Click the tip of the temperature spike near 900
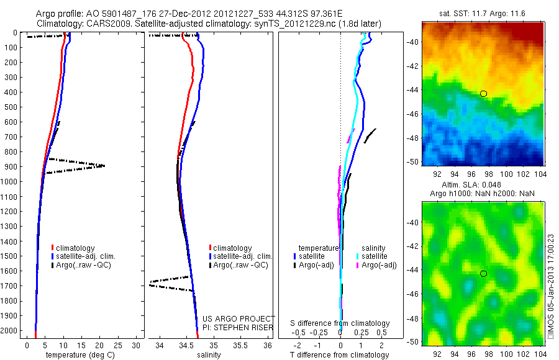pyautogui.click(x=104, y=166)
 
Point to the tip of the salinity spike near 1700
pyautogui.click(x=149, y=284)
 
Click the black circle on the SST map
pyautogui.click(x=483, y=94)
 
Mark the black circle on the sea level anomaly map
pyautogui.click(x=483, y=274)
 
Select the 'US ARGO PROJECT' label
pyautogui.click(x=239, y=318)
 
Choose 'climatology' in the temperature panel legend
pyautogui.click(x=75, y=248)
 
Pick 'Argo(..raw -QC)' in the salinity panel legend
pyautogui.click(x=240, y=265)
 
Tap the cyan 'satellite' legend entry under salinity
pyautogui.click(x=375, y=256)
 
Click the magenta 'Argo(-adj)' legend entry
pyautogui.click(x=379, y=265)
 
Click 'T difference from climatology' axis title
pyautogui.click(x=340, y=355)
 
